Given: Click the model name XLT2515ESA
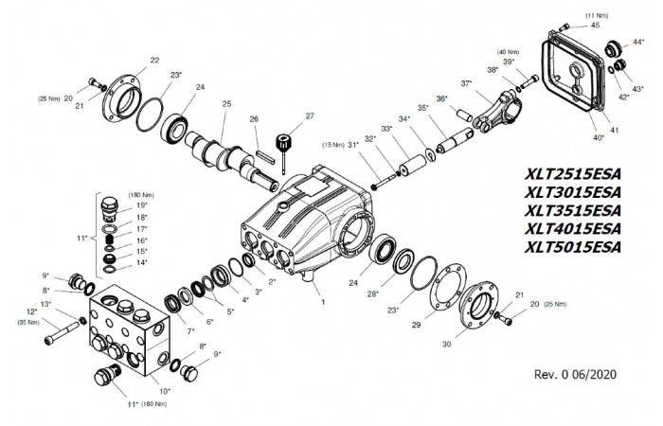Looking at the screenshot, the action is coord(572,173).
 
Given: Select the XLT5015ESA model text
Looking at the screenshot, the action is coord(572,247).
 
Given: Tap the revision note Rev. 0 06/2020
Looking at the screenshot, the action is coord(575,374).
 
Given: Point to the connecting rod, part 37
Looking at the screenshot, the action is coord(499,111).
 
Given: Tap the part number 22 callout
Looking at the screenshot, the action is coord(154,60).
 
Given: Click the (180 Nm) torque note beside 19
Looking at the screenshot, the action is coord(141,195).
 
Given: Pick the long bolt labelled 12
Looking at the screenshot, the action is coord(62,332).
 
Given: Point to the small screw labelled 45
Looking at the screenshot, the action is coord(564,27).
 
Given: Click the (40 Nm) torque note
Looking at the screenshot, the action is coord(508,52).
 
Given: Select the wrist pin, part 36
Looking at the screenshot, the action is coord(465,115).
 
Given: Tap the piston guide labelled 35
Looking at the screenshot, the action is coord(454,141).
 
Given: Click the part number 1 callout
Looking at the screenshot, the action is coord(324,302).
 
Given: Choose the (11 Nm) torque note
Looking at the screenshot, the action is coord(597,16).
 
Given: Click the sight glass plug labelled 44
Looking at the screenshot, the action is coord(614,48).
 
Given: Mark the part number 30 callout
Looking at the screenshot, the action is coord(446,344).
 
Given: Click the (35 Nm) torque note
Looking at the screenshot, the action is coord(27,323).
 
